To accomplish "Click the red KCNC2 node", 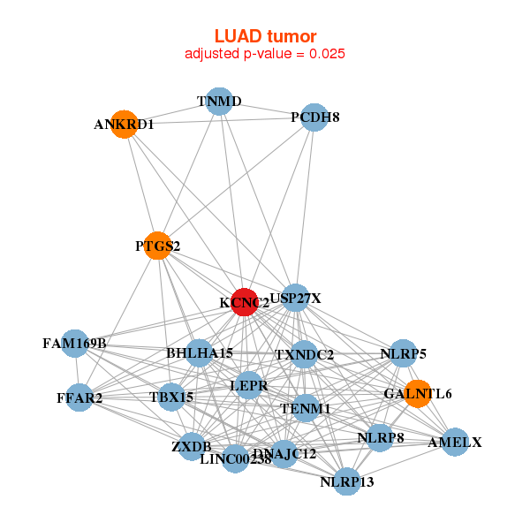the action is click(x=245, y=302).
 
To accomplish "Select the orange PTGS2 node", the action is click(x=158, y=246).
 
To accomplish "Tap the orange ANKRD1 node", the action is click(x=125, y=125).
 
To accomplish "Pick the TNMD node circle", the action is click(x=219, y=102).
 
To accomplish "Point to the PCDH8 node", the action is click(x=314, y=117).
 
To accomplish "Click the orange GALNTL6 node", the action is click(x=417, y=393).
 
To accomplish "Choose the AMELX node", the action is click(x=454, y=442).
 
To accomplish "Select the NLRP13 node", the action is click(x=347, y=481).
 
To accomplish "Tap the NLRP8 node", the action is click(x=380, y=437).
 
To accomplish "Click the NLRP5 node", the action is click(x=403, y=354).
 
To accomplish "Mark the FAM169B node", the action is click(x=75, y=343).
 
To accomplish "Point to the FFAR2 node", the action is click(x=79, y=397).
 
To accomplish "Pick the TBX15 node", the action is click(x=171, y=397).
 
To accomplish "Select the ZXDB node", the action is click(x=191, y=445).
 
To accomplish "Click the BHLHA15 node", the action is click(x=200, y=353).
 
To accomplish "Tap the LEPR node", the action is click(x=248, y=386).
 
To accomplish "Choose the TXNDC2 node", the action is click(x=304, y=355).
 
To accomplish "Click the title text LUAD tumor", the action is click(x=265, y=35).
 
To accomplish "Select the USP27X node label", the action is click(x=296, y=299).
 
